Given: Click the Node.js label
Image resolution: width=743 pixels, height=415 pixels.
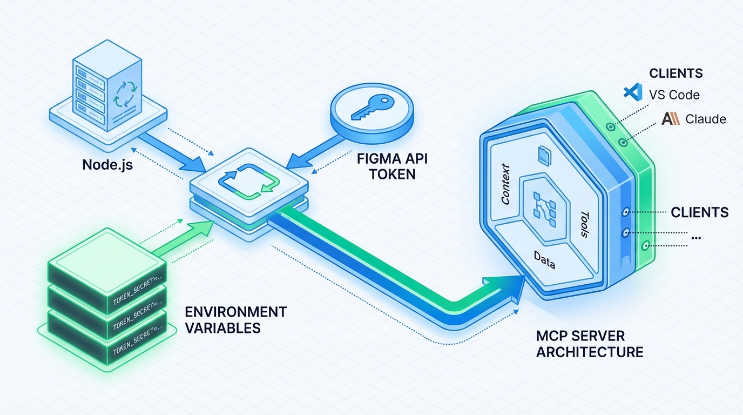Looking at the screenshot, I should pyautogui.click(x=107, y=164).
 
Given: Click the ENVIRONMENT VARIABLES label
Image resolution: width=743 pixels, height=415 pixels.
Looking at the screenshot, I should pyautogui.click(x=235, y=320).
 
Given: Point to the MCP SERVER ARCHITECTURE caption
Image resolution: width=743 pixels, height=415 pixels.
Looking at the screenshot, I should pyautogui.click(x=590, y=344).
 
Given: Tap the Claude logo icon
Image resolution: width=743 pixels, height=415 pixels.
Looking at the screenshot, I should pyautogui.click(x=670, y=119).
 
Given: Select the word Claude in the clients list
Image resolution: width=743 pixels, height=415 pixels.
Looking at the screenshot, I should pyautogui.click(x=706, y=119).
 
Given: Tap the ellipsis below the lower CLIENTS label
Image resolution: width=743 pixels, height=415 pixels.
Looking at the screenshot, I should pyautogui.click(x=696, y=238).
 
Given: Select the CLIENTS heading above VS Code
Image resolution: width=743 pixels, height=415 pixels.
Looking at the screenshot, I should pyautogui.click(x=676, y=73).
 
